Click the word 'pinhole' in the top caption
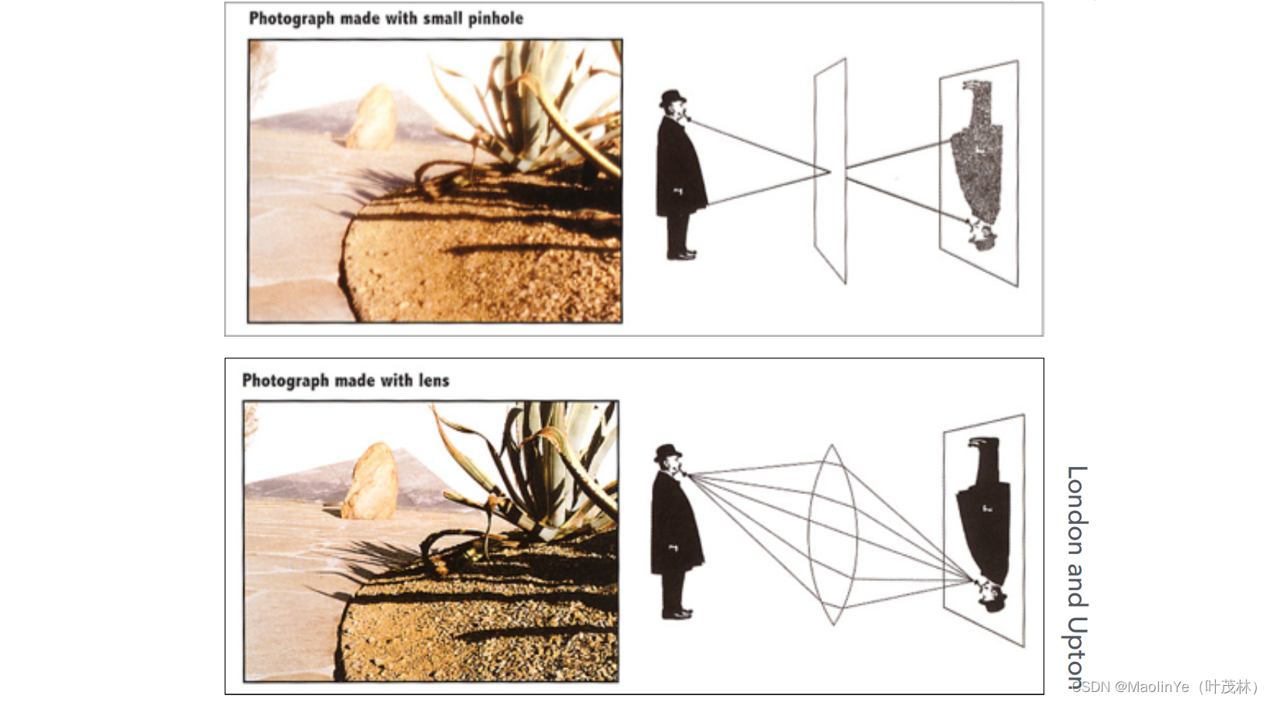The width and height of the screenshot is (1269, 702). [x=495, y=18]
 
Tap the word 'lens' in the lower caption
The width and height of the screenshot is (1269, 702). [x=434, y=380]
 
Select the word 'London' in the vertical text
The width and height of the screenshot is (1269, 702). [x=1077, y=510]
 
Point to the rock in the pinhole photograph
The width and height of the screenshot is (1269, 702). [x=371, y=116]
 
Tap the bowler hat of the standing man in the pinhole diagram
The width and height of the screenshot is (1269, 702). [x=673, y=98]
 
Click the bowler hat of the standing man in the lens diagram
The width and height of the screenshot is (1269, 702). [x=668, y=452]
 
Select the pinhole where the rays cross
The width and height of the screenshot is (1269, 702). [x=831, y=171]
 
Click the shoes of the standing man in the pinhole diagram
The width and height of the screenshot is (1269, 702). [x=681, y=254]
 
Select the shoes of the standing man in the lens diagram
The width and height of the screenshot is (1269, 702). [x=677, y=613]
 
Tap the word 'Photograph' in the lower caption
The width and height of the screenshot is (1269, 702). [x=286, y=381]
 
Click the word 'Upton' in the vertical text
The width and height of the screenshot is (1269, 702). [x=1077, y=652]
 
